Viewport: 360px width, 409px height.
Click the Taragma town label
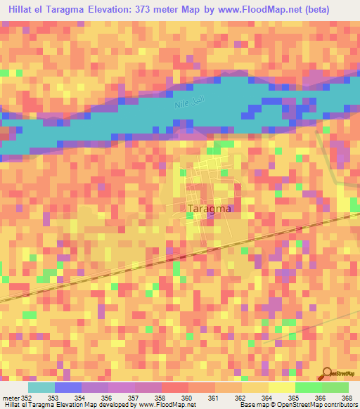coord(211,209)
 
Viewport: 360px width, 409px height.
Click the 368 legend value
coord(347,398)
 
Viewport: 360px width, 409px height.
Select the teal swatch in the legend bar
coord(41,387)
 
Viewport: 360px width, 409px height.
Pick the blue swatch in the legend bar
coord(68,387)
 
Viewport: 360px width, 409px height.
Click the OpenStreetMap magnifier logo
coord(328,373)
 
